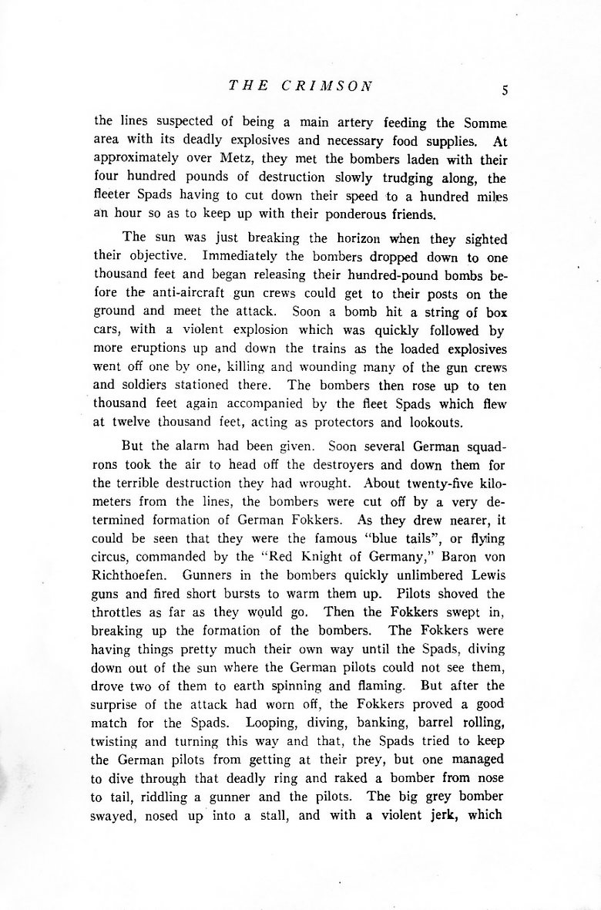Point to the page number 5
pos(504,89)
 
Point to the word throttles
pos(121,612)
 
